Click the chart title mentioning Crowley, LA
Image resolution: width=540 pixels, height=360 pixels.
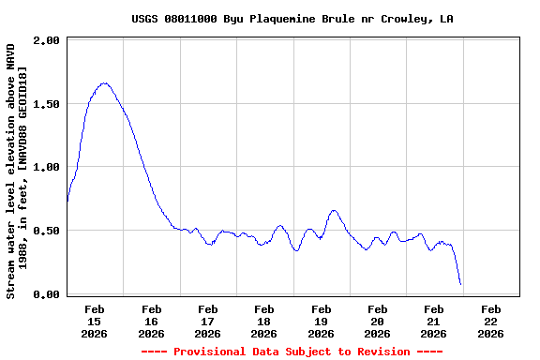pos(292,19)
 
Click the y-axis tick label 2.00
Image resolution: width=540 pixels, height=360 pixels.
pos(48,40)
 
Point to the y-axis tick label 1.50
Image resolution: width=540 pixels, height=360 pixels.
pos(48,104)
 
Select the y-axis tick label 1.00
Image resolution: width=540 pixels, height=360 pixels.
pos(48,167)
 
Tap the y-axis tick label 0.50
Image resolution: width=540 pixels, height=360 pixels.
pos(48,231)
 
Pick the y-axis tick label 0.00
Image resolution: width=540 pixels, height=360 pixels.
pos(48,294)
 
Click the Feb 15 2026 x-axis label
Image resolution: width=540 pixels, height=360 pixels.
pos(95,321)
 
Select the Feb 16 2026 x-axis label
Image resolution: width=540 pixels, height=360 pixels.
pos(151,321)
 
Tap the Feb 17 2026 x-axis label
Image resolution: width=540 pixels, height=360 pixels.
pos(208,321)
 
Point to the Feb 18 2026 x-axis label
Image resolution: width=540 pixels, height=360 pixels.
pos(264,321)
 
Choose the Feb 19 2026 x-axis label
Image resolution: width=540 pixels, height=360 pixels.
pos(321,321)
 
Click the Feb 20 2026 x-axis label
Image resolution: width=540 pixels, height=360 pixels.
pos(377,321)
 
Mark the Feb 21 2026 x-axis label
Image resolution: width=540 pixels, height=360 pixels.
pos(433,321)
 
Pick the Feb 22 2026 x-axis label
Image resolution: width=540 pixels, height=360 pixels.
pos(490,321)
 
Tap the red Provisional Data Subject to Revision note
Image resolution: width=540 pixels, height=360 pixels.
pos(292,352)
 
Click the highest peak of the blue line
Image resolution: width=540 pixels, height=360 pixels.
pos(104,83)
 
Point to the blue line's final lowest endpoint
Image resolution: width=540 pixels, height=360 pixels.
pos(460,284)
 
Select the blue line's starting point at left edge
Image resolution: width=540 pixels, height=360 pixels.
pos(67,200)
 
